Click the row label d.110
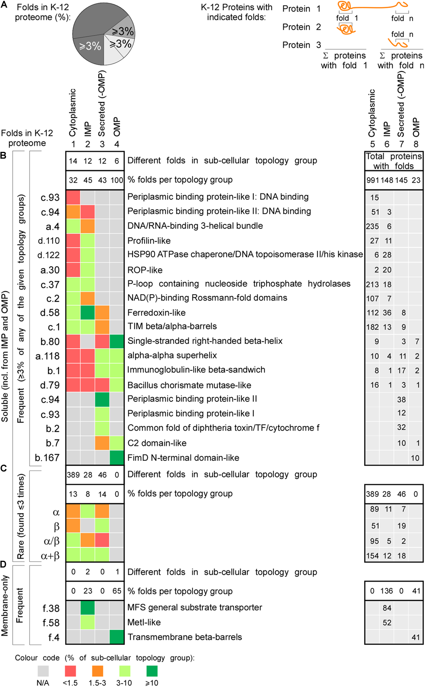click(x=49, y=241)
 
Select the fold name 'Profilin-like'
click(x=149, y=241)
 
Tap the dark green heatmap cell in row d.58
click(x=88, y=313)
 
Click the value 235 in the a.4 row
click(x=372, y=227)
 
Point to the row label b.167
click(x=47, y=458)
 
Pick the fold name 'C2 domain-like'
click(x=157, y=443)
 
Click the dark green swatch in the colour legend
click(x=152, y=671)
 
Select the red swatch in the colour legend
click(x=70, y=671)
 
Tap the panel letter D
click(x=3, y=565)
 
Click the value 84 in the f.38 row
click(x=387, y=608)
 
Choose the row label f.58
click(x=51, y=623)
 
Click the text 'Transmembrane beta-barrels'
click(x=184, y=637)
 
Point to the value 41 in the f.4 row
click(x=416, y=637)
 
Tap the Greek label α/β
click(x=52, y=541)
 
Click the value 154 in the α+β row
click(x=372, y=556)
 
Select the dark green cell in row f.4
click(x=116, y=637)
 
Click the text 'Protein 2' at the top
click(x=302, y=27)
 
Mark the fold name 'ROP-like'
click(x=145, y=270)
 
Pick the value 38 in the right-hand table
click(x=401, y=400)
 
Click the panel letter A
click(x=4, y=6)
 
